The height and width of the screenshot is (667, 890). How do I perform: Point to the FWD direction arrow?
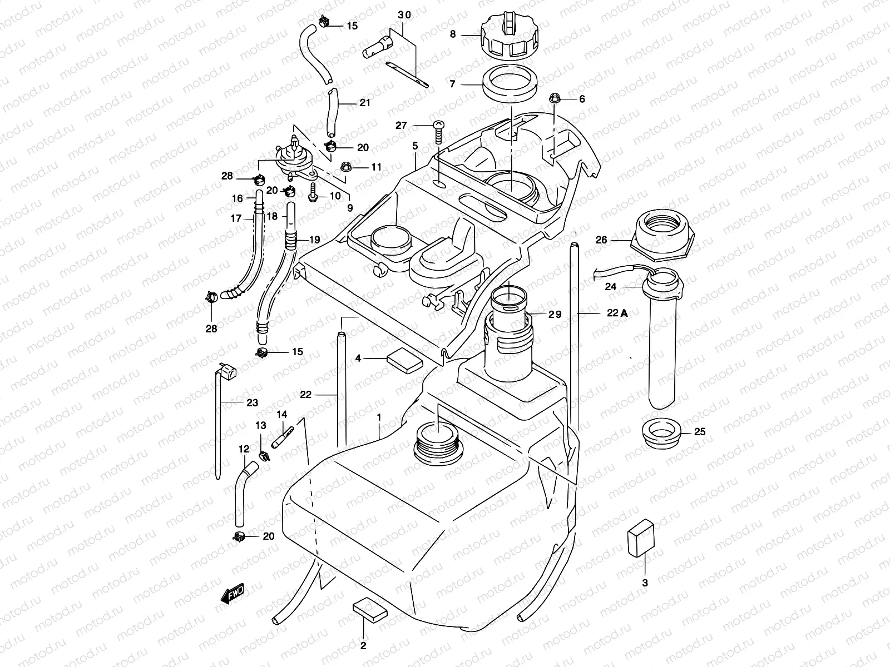[x=233, y=595]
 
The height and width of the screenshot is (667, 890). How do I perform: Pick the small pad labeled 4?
[x=404, y=360]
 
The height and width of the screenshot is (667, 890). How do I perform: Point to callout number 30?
[x=404, y=15]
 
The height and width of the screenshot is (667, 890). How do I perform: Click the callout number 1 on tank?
[x=379, y=416]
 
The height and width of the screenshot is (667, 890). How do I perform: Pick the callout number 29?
[x=555, y=314]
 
